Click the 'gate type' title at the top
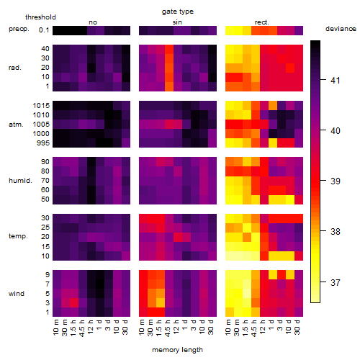[178, 12]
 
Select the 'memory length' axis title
[177, 350]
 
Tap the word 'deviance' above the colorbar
[341, 29]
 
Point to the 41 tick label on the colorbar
[336, 80]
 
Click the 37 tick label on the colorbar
[336, 282]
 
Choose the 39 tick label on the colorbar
[336, 181]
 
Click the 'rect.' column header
[262, 22]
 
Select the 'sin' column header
[177, 22]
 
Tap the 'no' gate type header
[93, 22]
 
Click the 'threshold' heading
[40, 17]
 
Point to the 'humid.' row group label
[20, 181]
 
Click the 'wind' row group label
[17, 294]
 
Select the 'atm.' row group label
[16, 125]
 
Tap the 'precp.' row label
[19, 29]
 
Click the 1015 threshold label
[41, 106]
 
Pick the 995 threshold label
[43, 143]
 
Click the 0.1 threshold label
[44, 30]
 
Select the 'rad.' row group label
[15, 68]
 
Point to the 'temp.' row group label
[18, 236]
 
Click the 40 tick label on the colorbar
[336, 131]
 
